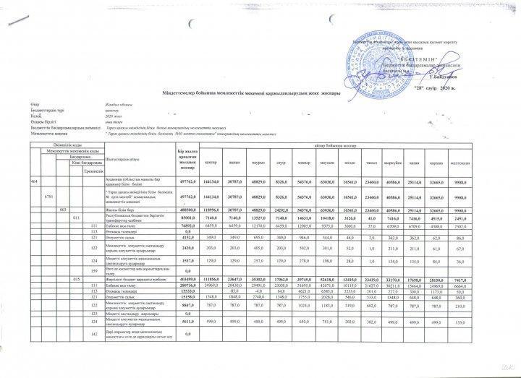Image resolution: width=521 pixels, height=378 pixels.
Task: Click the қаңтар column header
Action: point(211,163)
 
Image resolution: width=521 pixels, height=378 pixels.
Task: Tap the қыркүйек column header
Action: point(412,163)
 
